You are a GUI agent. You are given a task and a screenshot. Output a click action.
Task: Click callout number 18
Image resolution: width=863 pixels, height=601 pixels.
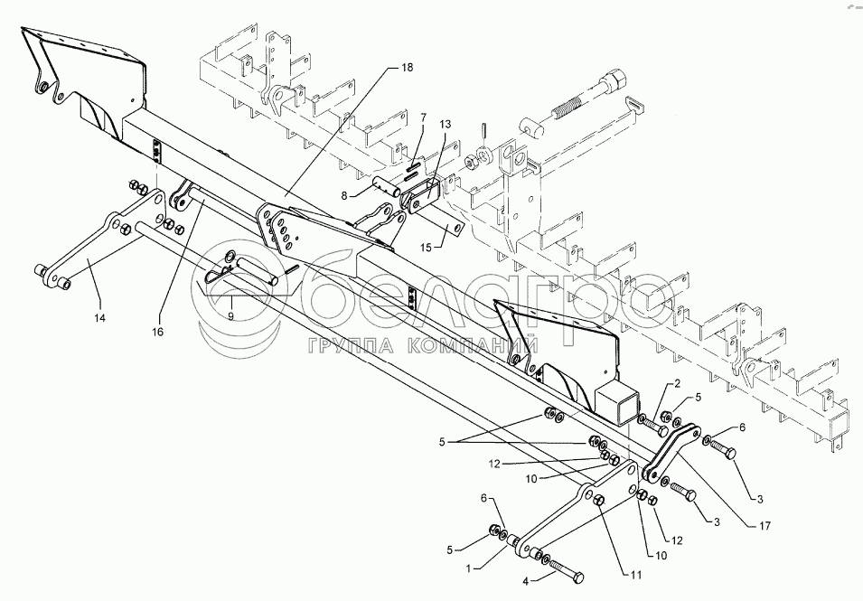point(407,68)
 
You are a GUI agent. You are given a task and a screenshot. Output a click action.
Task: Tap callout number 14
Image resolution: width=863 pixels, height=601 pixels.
point(99,317)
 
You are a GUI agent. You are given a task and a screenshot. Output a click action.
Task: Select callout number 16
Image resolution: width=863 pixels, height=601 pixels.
point(158,332)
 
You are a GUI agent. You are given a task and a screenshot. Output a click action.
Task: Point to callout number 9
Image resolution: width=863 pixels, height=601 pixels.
point(230,315)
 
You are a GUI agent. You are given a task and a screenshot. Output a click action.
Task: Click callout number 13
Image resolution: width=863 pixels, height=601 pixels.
point(445,125)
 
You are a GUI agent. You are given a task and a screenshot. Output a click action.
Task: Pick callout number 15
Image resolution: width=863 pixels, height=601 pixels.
point(427,248)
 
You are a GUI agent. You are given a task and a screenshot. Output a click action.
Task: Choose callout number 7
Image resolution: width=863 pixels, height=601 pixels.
point(423,117)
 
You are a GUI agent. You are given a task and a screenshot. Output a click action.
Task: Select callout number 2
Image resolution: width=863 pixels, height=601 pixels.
point(678,383)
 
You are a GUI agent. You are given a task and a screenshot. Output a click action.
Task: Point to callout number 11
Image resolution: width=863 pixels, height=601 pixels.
point(635,575)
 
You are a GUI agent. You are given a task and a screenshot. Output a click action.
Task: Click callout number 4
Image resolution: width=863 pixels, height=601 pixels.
point(526,581)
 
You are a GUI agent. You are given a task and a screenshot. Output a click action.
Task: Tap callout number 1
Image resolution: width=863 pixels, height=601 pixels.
point(468,568)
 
